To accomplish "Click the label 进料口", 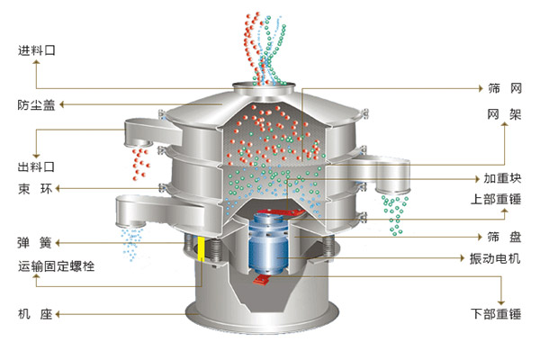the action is tap(37, 50).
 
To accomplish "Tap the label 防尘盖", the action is tap(36, 104).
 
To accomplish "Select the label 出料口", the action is tap(36, 166).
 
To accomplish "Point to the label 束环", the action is tap(35, 189).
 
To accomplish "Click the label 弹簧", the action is tap(34, 243).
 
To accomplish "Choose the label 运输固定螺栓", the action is tap(56, 266).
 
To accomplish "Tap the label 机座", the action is tap(35, 314).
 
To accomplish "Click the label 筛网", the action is tap(505, 88).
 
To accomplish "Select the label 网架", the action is tap(505, 114).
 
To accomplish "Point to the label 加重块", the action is tap(502, 178).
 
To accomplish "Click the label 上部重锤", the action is tap(496, 199).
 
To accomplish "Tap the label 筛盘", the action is tap(504, 237).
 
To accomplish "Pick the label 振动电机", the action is tap(495, 258).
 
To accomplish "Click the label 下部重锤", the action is tap(496, 314).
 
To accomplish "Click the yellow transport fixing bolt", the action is tap(201, 248).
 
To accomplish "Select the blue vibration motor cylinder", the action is tap(268, 243).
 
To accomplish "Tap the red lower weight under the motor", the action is tap(262, 279).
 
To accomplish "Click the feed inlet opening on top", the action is tap(264, 85).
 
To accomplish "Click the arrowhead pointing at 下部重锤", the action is tap(501, 302).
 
